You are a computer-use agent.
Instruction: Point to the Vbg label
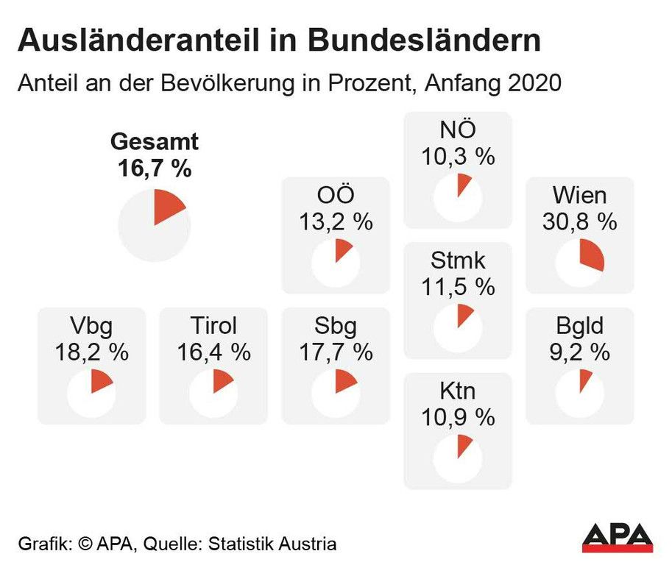[x=91, y=326]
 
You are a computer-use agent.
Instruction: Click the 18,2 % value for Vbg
[x=91, y=352]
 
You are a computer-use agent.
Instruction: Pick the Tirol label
[x=213, y=326]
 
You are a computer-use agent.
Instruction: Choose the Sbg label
[x=336, y=326]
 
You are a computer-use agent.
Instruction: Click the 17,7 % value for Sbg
[x=336, y=352]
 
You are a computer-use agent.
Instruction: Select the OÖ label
[x=336, y=196]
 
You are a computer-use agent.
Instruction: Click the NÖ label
[x=458, y=130]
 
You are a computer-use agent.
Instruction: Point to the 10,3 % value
[x=458, y=156]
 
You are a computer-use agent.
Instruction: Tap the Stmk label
[x=458, y=260]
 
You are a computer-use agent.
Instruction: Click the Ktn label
[x=458, y=391]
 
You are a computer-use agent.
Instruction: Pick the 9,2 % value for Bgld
[x=580, y=352]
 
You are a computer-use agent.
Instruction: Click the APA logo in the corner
[x=617, y=536]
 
